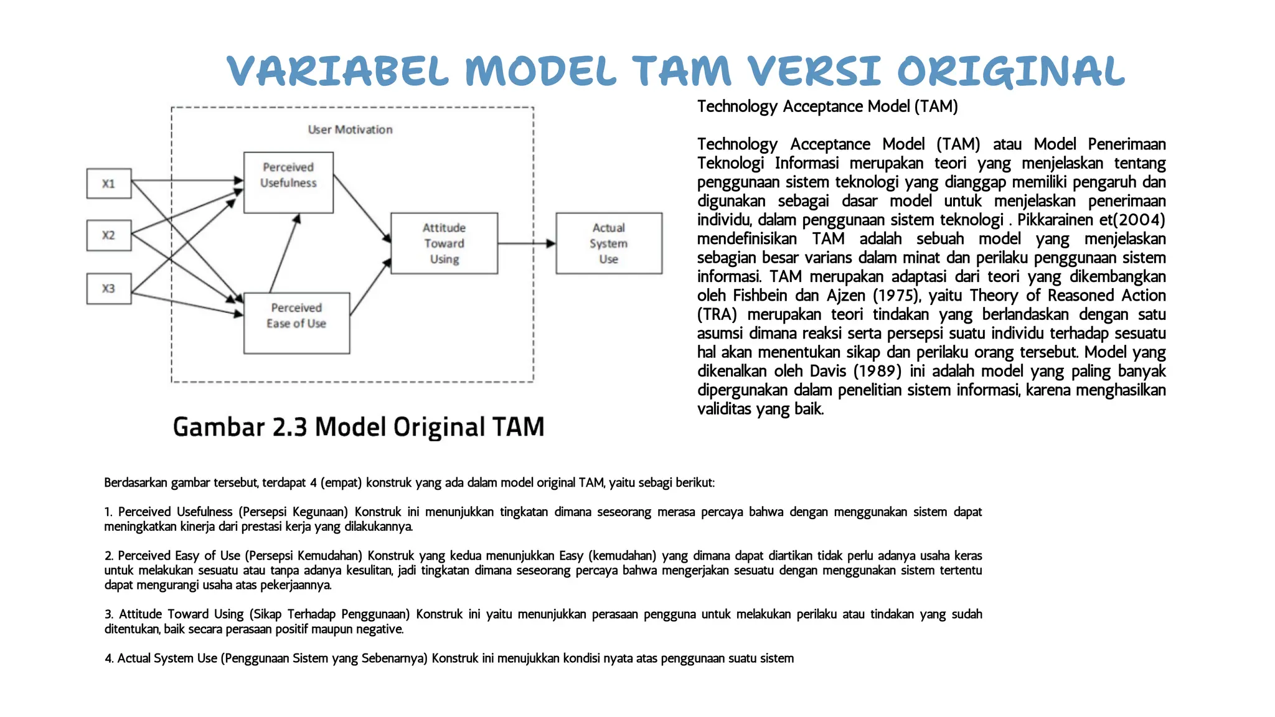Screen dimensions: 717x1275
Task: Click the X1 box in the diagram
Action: pyautogui.click(x=109, y=184)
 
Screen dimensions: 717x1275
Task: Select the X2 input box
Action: pyautogui.click(x=109, y=235)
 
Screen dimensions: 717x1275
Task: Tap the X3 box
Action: pyautogui.click(x=109, y=289)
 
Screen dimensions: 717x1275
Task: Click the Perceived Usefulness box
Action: pyautogui.click(x=288, y=182)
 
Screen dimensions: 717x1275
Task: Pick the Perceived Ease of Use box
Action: pyautogui.click(x=296, y=323)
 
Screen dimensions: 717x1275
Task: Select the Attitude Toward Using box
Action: pyautogui.click(x=444, y=243)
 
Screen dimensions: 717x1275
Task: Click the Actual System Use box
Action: pyautogui.click(x=609, y=243)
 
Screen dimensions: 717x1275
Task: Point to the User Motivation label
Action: pyautogui.click(x=350, y=129)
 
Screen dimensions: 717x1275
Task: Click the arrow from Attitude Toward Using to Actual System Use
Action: pyautogui.click(x=526, y=243)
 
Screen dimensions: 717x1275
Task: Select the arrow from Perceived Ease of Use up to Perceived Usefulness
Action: pyautogui.click(x=285, y=253)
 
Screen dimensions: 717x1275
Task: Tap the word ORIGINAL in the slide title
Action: pyautogui.click(x=1010, y=72)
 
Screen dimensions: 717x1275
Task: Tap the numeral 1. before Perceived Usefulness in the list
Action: pyautogui.click(x=108, y=512)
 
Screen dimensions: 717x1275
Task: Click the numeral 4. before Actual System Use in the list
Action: pyautogui.click(x=109, y=658)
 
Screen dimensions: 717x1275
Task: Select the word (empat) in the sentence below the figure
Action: pyautogui.click(x=341, y=483)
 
